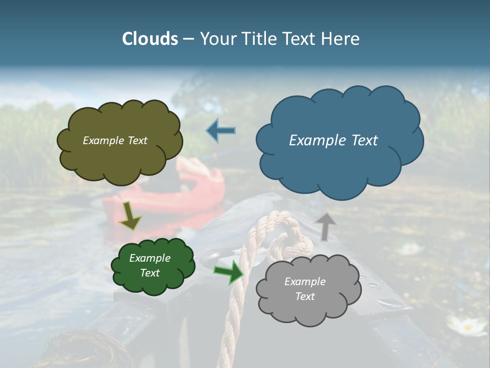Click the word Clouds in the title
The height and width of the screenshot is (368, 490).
tap(150, 39)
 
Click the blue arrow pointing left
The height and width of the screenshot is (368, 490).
tap(221, 130)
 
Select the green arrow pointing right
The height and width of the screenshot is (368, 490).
tap(229, 272)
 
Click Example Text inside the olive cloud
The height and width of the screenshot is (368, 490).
tap(115, 141)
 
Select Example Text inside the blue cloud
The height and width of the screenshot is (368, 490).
tap(333, 141)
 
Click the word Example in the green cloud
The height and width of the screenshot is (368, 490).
tap(150, 258)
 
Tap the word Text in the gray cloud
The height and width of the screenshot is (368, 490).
tap(305, 296)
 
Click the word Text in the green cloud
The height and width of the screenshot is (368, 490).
tap(150, 273)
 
